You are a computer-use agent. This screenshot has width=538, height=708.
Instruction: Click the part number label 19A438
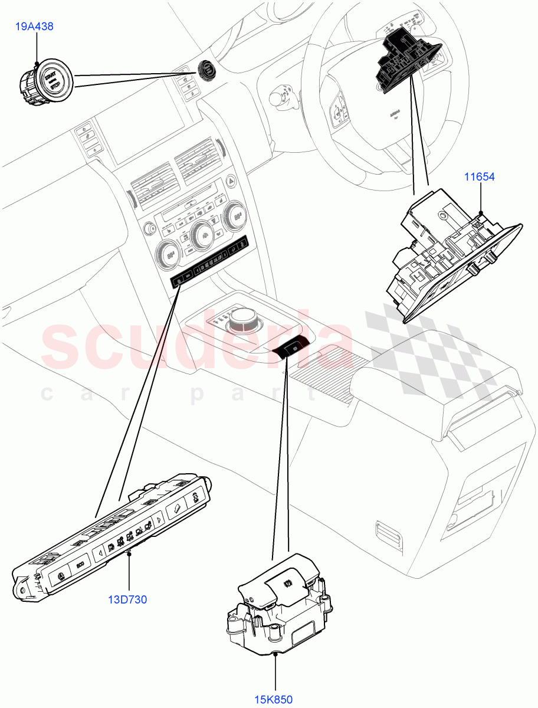pyautogui.click(x=37, y=27)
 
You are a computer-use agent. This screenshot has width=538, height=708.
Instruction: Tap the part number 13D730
pyautogui.click(x=128, y=600)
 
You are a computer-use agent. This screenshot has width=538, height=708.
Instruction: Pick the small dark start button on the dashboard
pyautogui.click(x=206, y=69)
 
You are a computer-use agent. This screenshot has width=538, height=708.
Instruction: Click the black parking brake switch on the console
pyautogui.click(x=292, y=350)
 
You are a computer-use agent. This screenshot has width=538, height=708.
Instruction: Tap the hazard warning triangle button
pyautogui.click(x=229, y=182)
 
